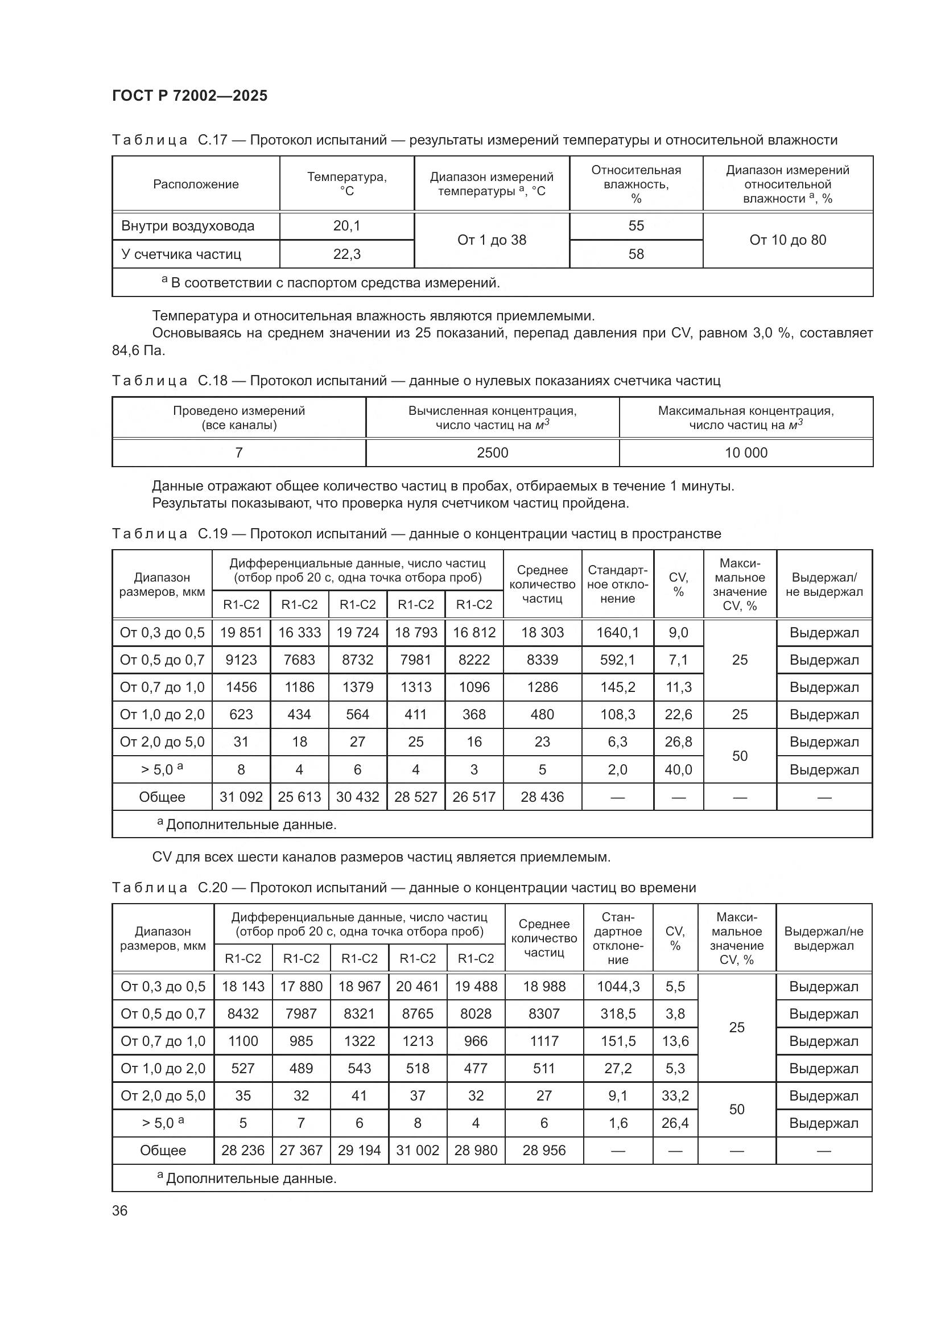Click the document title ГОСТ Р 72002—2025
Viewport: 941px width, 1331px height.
tap(189, 96)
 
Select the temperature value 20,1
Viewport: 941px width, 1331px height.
tap(346, 226)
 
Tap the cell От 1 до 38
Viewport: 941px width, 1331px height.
tap(492, 240)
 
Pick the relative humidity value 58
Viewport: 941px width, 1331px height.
tap(635, 254)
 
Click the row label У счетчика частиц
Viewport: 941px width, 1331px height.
tap(181, 254)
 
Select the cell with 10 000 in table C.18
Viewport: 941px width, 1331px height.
tap(746, 453)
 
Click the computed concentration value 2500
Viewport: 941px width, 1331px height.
tap(492, 453)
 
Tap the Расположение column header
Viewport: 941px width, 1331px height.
tap(195, 184)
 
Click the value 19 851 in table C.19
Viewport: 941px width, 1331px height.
tap(241, 632)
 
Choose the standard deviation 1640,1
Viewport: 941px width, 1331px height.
tap(617, 632)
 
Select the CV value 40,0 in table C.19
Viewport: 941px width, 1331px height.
tap(678, 770)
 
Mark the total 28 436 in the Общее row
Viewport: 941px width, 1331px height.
tap(542, 797)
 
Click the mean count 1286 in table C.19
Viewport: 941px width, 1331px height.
tap(542, 687)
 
